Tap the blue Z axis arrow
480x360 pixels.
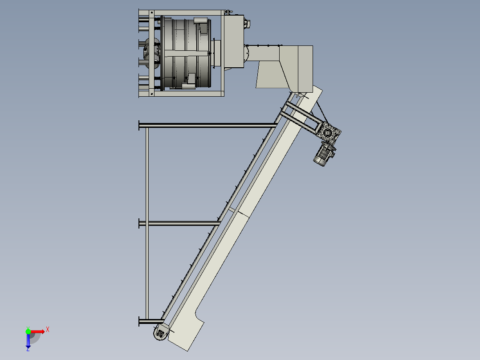point(28,341)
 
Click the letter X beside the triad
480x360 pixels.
point(48,330)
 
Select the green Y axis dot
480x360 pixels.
point(28,331)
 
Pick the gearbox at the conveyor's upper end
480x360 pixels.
point(329,132)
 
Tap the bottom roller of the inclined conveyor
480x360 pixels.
point(160,333)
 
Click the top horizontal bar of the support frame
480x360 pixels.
point(208,125)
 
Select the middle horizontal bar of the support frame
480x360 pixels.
point(179,223)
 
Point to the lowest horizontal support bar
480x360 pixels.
point(151,321)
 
